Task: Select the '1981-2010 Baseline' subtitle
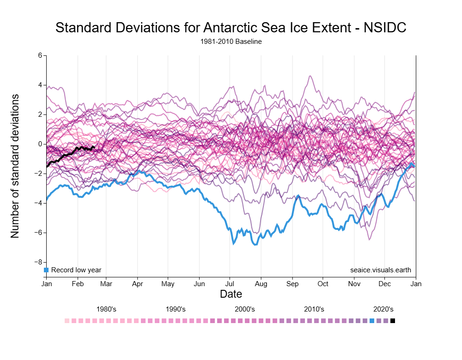tap(231, 42)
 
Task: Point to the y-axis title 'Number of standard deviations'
tap(15, 166)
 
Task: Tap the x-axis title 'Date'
tap(231, 294)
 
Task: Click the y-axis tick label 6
tap(40, 55)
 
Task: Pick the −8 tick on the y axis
tap(38, 262)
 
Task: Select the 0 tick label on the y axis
tap(40, 144)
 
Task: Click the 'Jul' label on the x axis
tap(230, 284)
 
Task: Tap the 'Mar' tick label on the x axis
tap(106, 284)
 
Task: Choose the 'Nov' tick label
tap(354, 284)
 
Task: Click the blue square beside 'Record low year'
tap(46, 270)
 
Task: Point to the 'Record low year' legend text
tap(76, 270)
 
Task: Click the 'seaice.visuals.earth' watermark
tap(381, 270)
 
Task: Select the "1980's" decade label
tap(106, 309)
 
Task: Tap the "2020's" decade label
tap(383, 309)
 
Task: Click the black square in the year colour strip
tap(393, 321)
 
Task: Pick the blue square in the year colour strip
tap(372, 321)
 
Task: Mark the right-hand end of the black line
tap(94, 147)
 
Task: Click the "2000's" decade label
tap(245, 309)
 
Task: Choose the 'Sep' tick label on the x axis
tap(292, 284)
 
